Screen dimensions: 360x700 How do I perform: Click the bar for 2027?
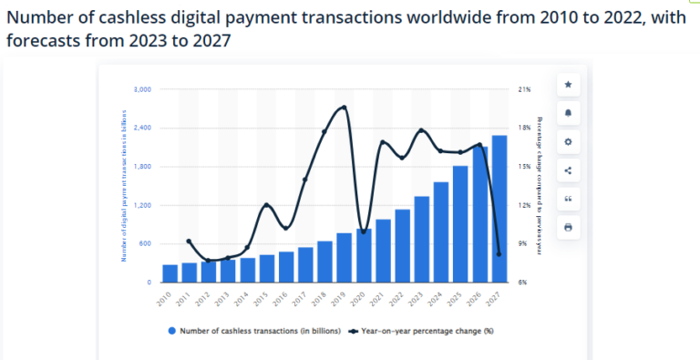pos(499,210)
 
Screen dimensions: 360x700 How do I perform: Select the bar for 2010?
pos(170,273)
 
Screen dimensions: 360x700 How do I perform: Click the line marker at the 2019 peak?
pos(344,108)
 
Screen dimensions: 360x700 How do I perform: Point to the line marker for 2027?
pos(499,254)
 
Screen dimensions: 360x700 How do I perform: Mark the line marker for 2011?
pos(189,242)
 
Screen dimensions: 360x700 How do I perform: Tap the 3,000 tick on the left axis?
pos(141,89)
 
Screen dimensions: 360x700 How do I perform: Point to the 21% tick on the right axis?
pos(524,89)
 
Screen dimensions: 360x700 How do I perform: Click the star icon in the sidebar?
pos(568,85)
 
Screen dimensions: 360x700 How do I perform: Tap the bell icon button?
pos(568,113)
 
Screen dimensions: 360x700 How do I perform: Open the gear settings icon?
pos(568,141)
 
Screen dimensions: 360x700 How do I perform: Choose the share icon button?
pos(568,170)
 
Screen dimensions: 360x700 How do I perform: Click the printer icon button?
pos(568,226)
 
